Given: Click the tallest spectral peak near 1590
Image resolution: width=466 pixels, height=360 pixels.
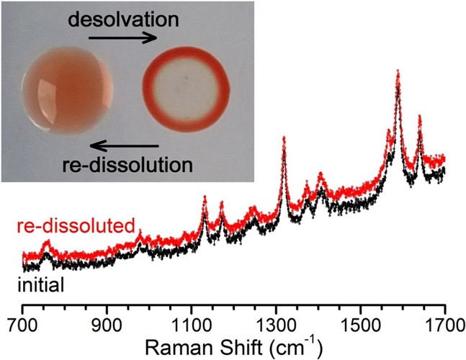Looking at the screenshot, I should pos(398,72).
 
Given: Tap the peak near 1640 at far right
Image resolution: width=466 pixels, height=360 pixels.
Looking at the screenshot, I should pos(419,117).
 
